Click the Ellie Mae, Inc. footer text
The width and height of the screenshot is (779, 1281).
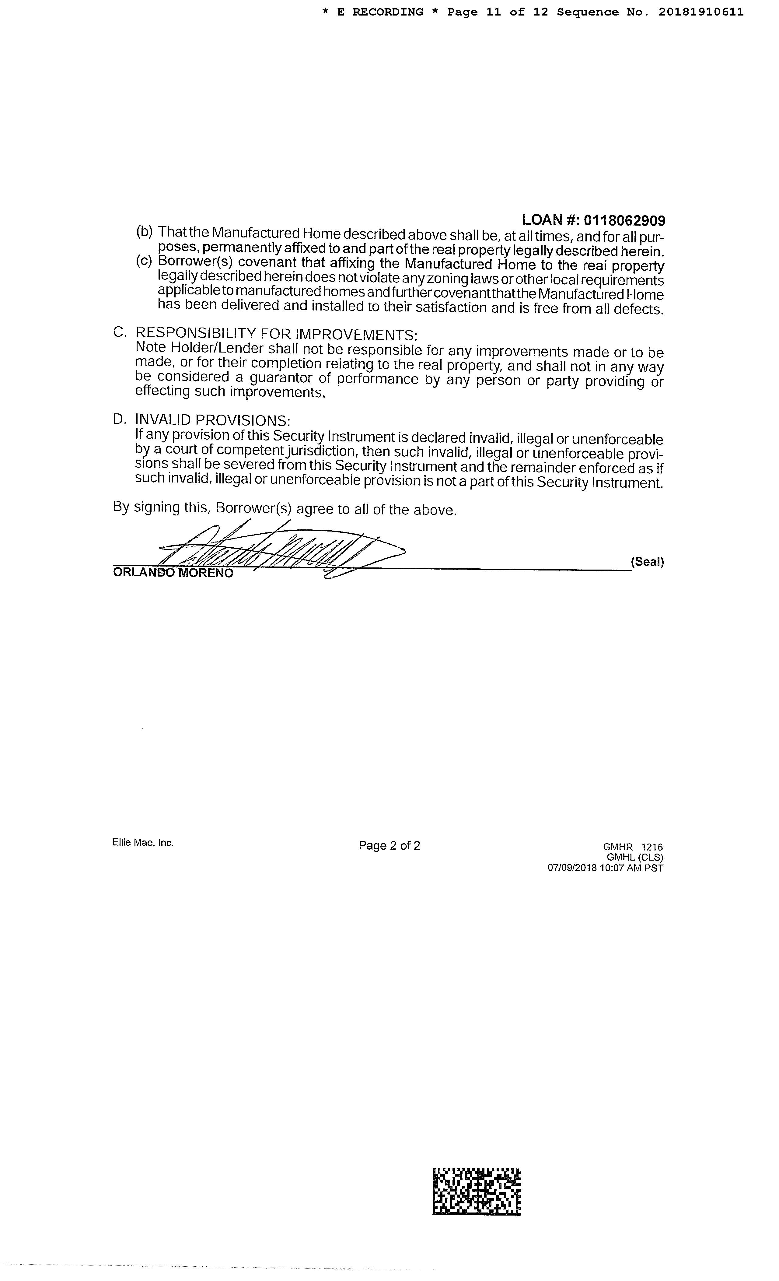tap(143, 843)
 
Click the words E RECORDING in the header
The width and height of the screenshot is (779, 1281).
tap(380, 12)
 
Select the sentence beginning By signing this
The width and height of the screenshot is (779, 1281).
tap(285, 508)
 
